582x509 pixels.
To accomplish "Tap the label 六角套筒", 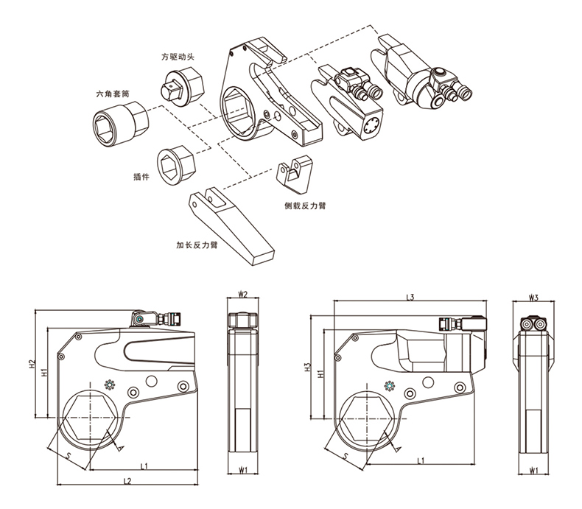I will pyautogui.click(x=113, y=94).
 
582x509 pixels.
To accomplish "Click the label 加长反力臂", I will pyautogui.click(x=196, y=245).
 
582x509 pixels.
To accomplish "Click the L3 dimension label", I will pyautogui.click(x=411, y=297).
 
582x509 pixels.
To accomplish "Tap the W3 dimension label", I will pyautogui.click(x=535, y=298).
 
